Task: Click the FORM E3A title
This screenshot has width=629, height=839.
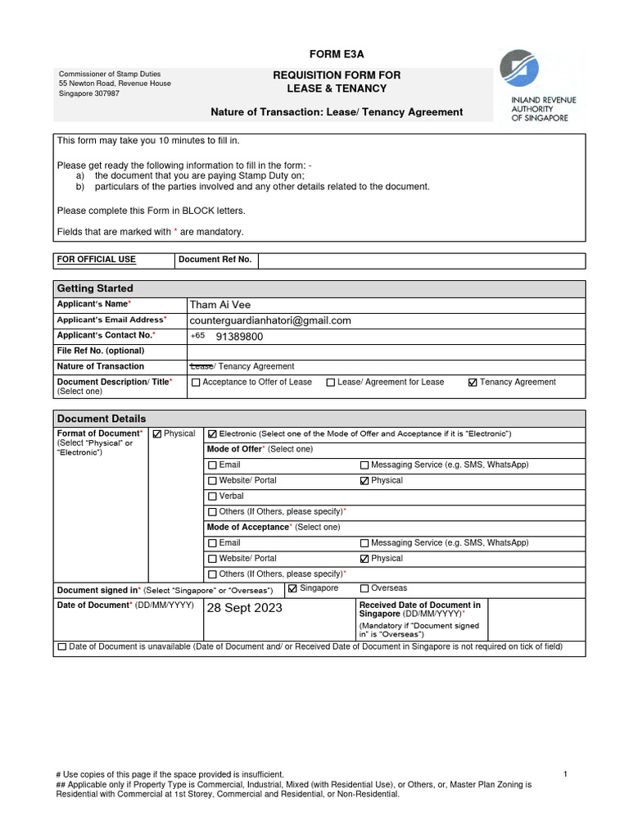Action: [336, 54]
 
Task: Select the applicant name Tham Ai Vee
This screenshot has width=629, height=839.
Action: [220, 305]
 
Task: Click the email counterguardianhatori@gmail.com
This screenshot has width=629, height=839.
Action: [270, 320]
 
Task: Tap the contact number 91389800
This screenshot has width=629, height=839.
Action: [239, 336]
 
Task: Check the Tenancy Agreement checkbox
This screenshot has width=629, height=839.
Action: [473, 383]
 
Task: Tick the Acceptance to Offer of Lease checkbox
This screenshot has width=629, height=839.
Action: [196, 383]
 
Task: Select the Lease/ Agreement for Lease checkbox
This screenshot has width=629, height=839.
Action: [331, 383]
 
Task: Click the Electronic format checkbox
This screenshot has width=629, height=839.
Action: [213, 433]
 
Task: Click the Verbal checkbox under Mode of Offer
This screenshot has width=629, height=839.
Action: [213, 497]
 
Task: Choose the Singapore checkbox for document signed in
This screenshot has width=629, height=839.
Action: [292, 589]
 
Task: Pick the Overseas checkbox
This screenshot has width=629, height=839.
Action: [364, 589]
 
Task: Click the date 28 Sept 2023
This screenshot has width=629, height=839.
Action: [244, 608]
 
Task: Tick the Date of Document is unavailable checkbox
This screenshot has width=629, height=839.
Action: [62, 647]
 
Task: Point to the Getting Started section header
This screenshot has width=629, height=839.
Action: [95, 288]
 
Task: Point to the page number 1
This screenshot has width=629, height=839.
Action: [565, 774]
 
